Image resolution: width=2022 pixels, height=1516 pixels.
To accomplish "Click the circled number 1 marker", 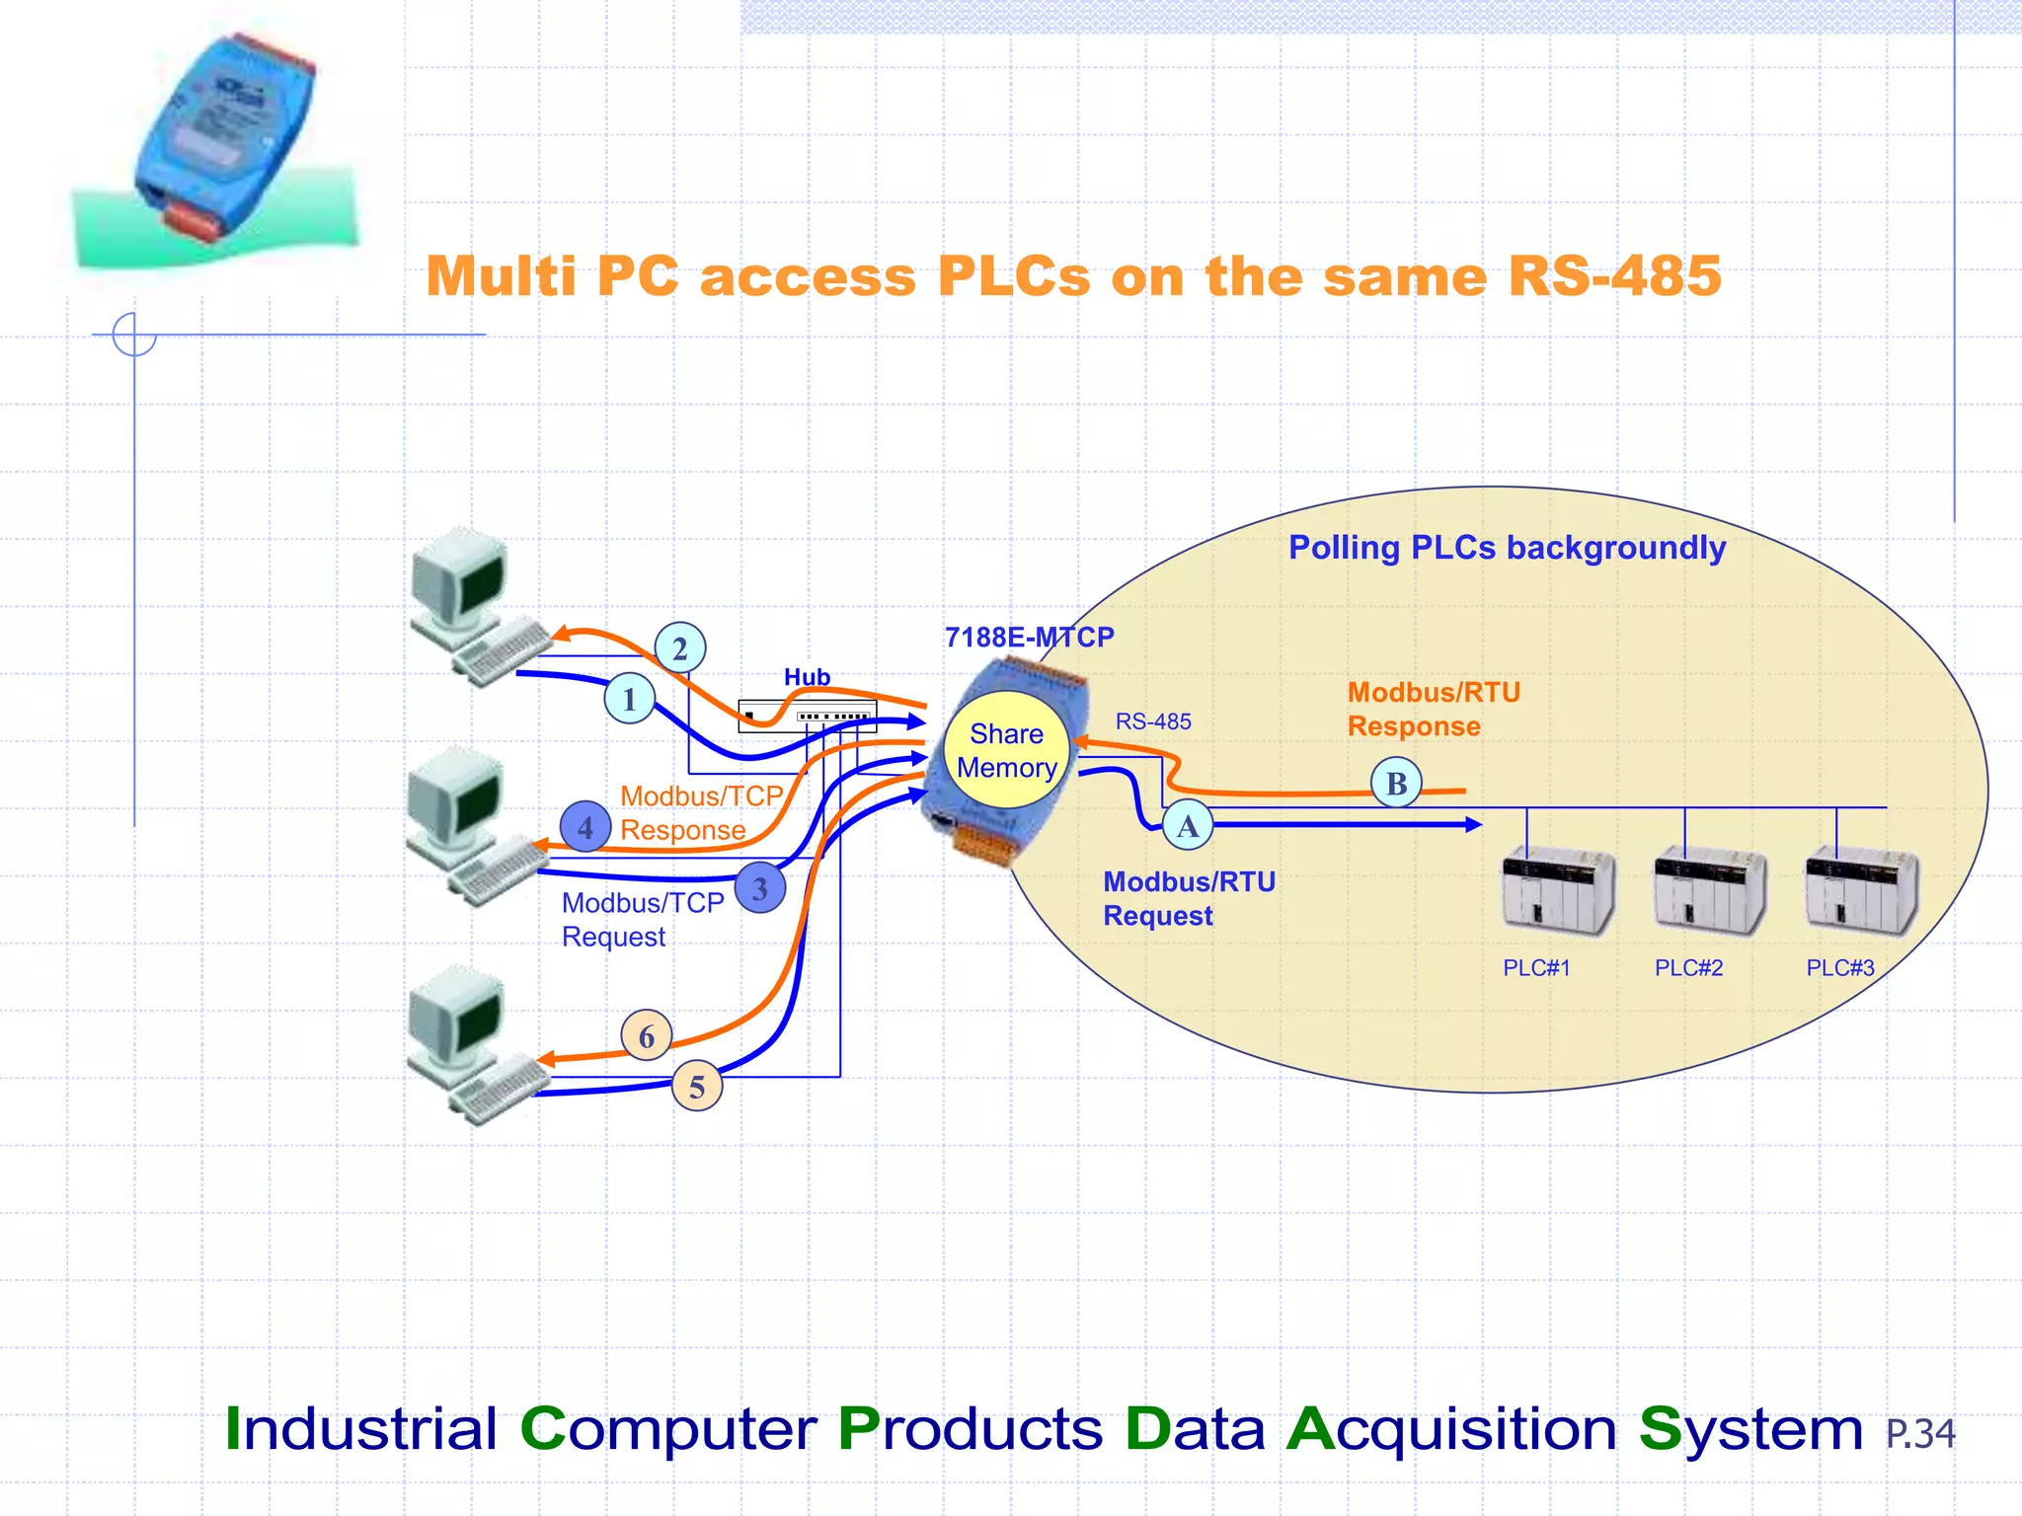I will click(x=629, y=699).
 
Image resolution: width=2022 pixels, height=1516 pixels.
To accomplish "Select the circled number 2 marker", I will click(x=680, y=648).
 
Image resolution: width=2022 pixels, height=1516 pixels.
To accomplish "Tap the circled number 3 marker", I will click(x=760, y=888).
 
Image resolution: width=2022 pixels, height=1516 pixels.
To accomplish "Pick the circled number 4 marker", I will click(x=585, y=827).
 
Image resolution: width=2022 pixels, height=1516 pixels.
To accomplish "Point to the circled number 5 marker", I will click(x=697, y=1087).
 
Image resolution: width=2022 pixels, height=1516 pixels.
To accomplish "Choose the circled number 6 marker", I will click(x=647, y=1036).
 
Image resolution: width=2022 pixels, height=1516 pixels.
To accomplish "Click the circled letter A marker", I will click(x=1188, y=826).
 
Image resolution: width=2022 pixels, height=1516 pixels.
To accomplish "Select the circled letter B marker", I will click(x=1396, y=784).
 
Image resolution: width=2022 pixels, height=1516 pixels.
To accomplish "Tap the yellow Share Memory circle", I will click(x=1006, y=751).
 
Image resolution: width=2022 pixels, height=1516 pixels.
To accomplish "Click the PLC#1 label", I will click(x=1536, y=968).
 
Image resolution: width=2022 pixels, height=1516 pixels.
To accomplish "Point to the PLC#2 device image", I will click(x=1708, y=891).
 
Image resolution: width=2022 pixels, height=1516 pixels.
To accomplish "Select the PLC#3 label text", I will click(x=1839, y=968).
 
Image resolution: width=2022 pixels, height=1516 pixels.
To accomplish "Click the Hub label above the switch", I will click(x=807, y=677).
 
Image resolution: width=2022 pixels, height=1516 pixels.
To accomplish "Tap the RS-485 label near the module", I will click(x=1153, y=721).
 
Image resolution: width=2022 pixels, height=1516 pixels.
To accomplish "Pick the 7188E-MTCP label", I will click(x=1029, y=638).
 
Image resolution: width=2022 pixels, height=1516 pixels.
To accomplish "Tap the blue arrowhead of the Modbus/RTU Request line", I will click(x=1473, y=824).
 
